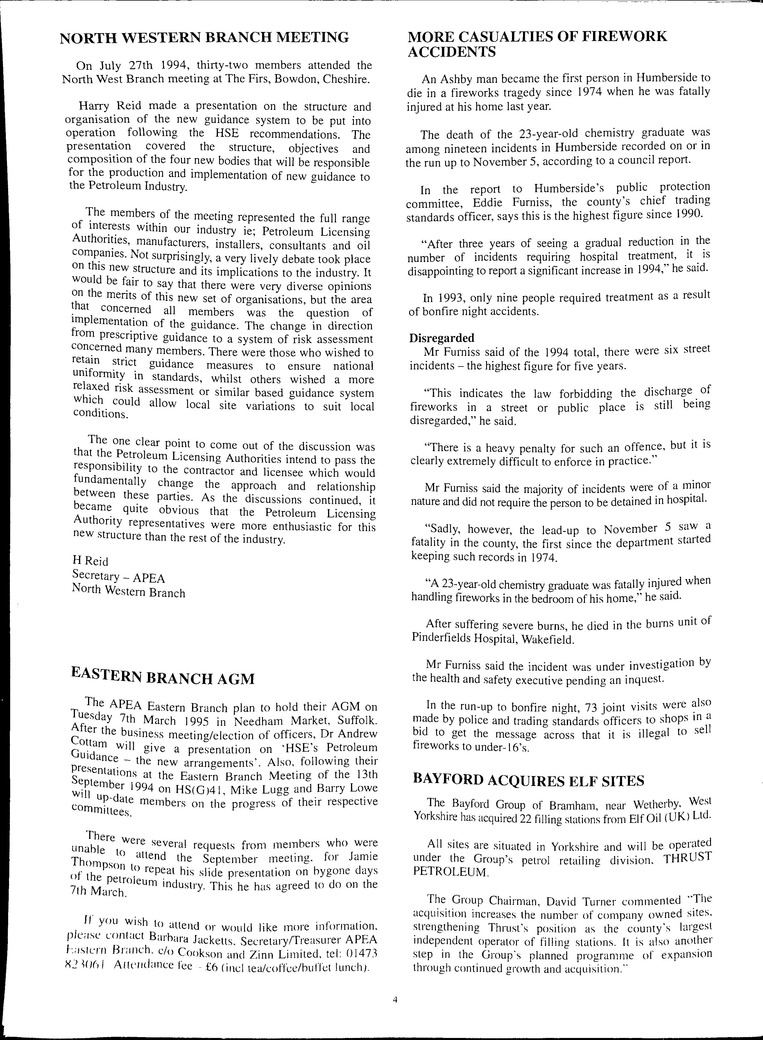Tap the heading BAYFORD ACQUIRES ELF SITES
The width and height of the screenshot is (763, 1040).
pyautogui.click(x=528, y=781)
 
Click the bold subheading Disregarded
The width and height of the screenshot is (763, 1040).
pyautogui.click(x=442, y=338)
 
